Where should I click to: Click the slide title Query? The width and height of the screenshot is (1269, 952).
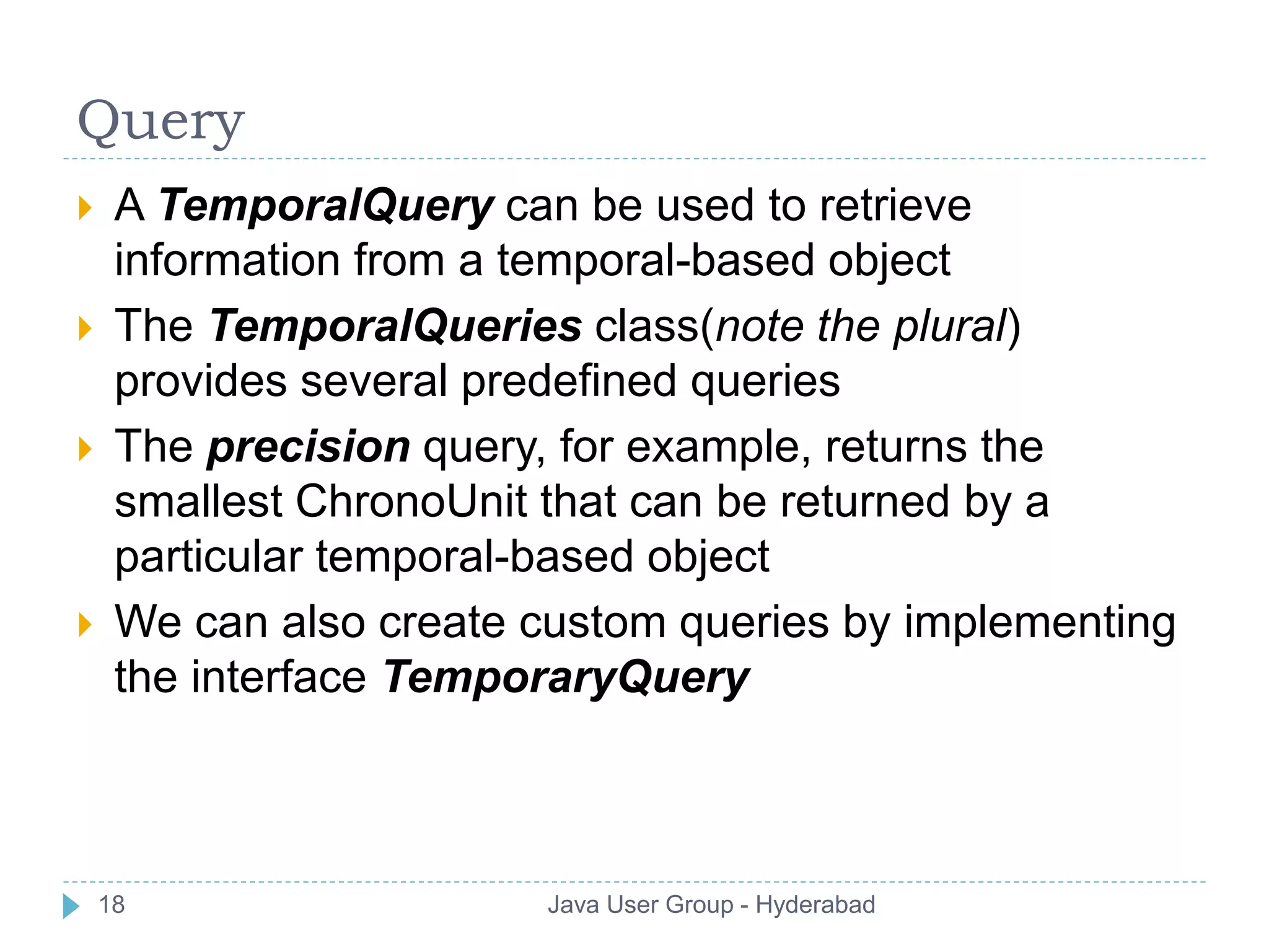(x=161, y=121)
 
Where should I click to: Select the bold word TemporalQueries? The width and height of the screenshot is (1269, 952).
(x=395, y=326)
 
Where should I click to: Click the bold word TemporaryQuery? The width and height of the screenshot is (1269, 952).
(x=566, y=677)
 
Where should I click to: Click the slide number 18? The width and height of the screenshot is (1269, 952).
(x=112, y=905)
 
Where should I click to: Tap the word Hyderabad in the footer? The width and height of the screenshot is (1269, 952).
(x=815, y=905)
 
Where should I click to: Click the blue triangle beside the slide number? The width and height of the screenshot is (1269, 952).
(x=71, y=906)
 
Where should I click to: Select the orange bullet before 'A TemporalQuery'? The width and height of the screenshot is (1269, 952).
(x=85, y=208)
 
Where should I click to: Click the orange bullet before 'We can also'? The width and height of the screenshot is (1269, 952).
(x=85, y=625)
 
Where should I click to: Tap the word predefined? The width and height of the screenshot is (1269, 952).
(x=568, y=381)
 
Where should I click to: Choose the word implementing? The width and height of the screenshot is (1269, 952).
(x=1039, y=622)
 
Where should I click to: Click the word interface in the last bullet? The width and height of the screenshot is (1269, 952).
(x=279, y=677)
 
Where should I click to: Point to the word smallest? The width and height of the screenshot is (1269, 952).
(x=198, y=501)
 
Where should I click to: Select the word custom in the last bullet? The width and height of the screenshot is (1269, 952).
(x=592, y=622)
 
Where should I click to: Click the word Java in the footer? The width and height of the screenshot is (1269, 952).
(x=573, y=905)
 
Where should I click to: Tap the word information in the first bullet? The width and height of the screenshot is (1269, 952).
(x=227, y=260)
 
